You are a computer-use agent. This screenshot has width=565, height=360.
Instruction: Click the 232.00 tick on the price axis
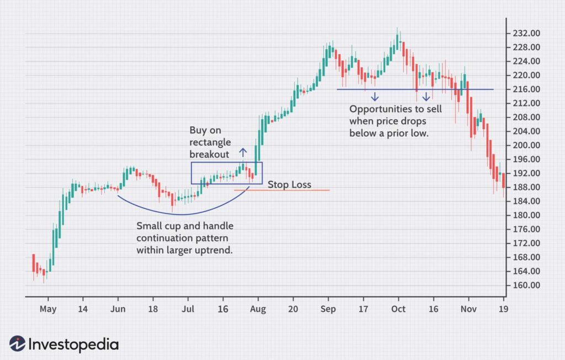tap(525, 33)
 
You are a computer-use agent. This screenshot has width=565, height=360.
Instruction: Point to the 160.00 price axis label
tap(525, 286)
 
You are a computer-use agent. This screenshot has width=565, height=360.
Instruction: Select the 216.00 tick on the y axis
tap(525, 89)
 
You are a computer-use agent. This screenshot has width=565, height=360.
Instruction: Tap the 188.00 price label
tap(525, 187)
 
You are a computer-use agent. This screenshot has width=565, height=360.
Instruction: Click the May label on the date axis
tap(48, 309)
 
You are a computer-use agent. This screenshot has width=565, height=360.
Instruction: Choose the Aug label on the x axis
tap(258, 309)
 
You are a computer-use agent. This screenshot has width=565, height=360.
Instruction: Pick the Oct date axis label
tap(398, 309)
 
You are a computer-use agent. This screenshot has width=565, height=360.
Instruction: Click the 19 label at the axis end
tap(503, 309)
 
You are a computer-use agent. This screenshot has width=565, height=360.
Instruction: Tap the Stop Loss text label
tap(289, 185)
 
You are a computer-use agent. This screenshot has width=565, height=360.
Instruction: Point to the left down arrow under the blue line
tap(375, 96)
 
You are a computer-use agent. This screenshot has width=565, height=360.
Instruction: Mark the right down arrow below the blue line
tap(427, 96)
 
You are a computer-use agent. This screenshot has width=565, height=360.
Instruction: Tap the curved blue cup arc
tap(182, 214)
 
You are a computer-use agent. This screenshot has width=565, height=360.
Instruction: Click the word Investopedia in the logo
tap(74, 345)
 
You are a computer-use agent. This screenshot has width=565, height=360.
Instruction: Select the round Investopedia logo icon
tap(18, 344)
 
